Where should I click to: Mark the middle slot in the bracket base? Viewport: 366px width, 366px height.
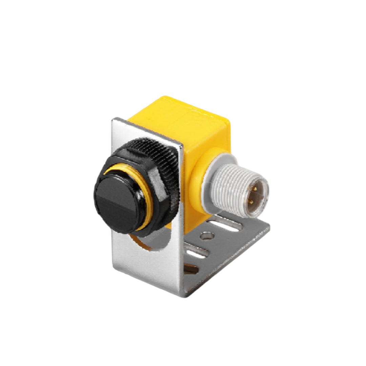[196, 251]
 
